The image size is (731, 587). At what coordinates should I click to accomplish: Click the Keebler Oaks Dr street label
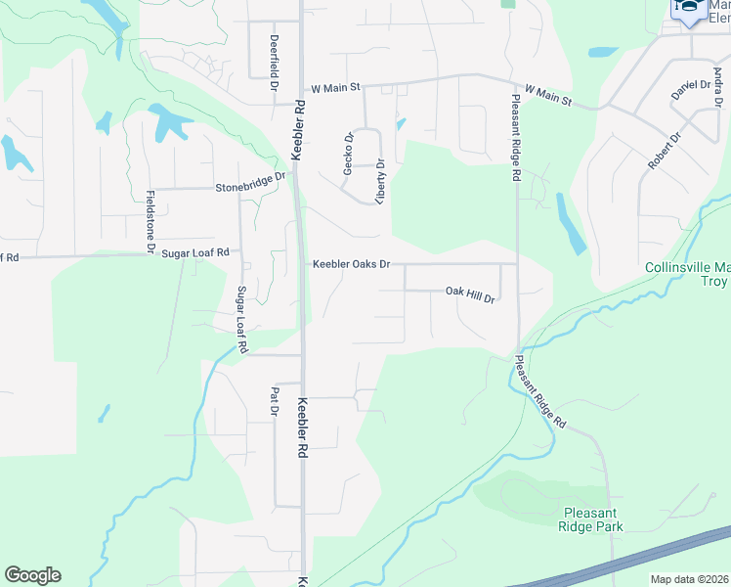pos(352,264)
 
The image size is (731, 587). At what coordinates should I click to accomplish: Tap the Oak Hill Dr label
pos(471,292)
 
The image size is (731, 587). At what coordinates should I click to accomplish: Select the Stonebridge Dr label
pos(250,183)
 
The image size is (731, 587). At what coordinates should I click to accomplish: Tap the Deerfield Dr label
pos(274,58)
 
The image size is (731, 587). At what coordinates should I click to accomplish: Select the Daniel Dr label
pos(690,88)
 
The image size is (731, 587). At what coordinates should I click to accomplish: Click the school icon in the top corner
pos(689,9)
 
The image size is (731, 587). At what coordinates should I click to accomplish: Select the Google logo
pos(32,575)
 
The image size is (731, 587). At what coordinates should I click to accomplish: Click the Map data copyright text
pos(690,579)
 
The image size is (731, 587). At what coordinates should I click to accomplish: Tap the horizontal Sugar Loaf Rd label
pos(195,252)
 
